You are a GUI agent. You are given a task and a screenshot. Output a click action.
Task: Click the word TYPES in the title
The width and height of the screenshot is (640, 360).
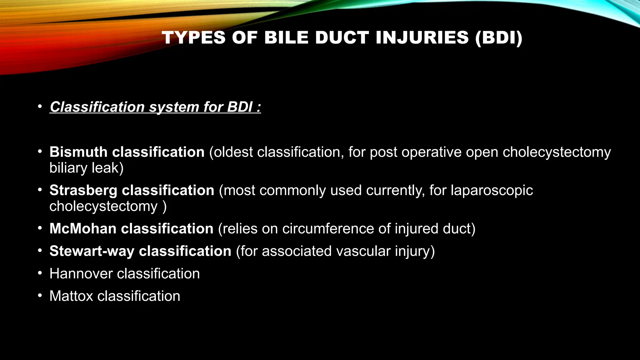[x=194, y=37]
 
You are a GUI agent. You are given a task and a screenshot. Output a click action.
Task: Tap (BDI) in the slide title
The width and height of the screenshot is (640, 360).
[x=499, y=37]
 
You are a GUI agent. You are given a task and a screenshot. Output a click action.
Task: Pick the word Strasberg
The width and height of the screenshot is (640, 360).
[x=83, y=191]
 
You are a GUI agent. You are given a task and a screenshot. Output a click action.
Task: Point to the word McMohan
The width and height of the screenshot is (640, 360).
[x=83, y=229]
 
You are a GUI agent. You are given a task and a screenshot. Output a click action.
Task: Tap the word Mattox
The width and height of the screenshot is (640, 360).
[x=71, y=296]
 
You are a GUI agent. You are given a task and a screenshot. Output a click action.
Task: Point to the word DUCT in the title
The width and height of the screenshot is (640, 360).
[x=342, y=37]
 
